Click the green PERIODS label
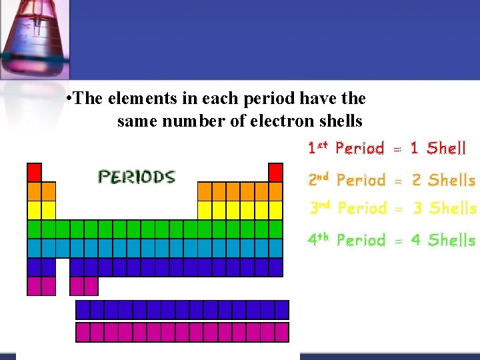click(x=137, y=177)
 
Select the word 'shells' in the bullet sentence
click(x=340, y=121)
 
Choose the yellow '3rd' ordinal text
click(x=321, y=208)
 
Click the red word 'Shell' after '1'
click(x=446, y=148)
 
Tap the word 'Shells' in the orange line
click(x=451, y=180)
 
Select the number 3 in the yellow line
click(x=417, y=209)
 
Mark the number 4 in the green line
click(x=416, y=240)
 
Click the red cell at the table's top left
click(x=34, y=172)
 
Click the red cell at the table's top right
click(x=275, y=172)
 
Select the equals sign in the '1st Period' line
click(x=397, y=149)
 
